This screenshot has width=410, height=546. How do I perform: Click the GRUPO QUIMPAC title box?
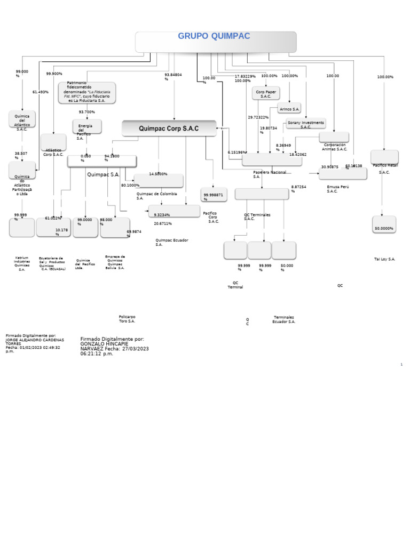216,42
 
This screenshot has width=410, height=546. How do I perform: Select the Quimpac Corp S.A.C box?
169,129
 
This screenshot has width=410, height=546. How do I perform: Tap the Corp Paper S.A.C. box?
266,94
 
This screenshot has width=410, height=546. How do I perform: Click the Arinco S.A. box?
289,109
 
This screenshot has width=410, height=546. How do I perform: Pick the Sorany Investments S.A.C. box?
305,124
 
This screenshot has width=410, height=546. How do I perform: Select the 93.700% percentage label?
86,112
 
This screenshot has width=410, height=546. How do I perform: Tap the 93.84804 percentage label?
173,77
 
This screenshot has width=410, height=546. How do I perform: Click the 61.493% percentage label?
40,92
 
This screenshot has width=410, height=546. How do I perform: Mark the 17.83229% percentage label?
245,76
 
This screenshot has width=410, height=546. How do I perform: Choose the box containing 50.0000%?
384,225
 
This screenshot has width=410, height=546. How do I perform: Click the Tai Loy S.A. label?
384,259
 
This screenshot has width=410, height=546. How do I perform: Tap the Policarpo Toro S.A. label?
127,319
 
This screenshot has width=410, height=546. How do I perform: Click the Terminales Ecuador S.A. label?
283,319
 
